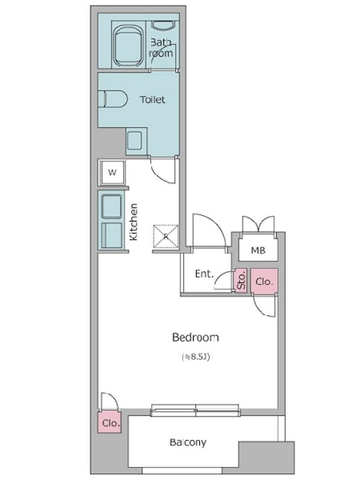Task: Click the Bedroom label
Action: (x=196, y=337)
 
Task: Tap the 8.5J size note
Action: (x=196, y=356)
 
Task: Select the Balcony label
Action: (x=188, y=442)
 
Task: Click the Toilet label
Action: (x=152, y=100)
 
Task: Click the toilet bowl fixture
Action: (x=113, y=99)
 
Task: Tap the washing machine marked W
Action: (x=112, y=172)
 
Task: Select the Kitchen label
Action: (x=134, y=222)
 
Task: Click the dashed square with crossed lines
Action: (x=166, y=236)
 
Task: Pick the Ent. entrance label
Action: (x=204, y=274)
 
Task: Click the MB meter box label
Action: (x=258, y=250)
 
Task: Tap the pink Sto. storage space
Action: (x=241, y=280)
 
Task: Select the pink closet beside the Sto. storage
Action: (x=264, y=281)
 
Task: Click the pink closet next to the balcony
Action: (x=110, y=422)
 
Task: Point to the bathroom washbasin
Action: (x=163, y=26)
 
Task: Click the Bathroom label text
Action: (x=161, y=48)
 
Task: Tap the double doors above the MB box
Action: (x=259, y=224)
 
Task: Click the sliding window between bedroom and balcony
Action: (x=195, y=410)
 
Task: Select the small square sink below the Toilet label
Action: (x=134, y=140)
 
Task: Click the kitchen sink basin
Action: (x=112, y=206)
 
